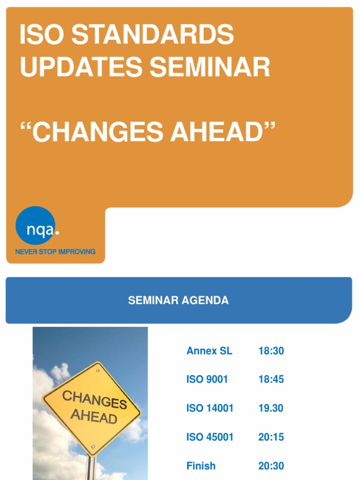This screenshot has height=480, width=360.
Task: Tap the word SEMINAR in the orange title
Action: click(x=210, y=67)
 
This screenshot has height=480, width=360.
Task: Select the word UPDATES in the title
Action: click(x=81, y=67)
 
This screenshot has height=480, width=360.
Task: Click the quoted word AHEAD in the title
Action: click(x=217, y=132)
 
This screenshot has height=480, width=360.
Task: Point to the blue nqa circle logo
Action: click(x=36, y=225)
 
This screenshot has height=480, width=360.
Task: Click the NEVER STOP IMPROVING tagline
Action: click(x=55, y=252)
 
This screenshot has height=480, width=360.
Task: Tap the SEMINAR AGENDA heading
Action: click(x=179, y=300)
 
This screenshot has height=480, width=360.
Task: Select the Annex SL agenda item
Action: click(x=209, y=351)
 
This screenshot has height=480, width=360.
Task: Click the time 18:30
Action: click(x=271, y=351)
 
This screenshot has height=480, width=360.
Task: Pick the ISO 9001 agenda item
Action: click(x=207, y=379)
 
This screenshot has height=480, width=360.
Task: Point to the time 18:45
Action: click(x=271, y=379)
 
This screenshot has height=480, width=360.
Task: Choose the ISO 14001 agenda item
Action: click(x=210, y=408)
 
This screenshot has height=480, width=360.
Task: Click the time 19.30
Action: click(x=270, y=408)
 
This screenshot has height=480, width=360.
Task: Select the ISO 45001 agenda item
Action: click(x=210, y=437)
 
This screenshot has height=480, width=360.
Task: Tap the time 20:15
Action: click(x=271, y=437)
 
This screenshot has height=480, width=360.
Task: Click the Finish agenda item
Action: click(x=201, y=466)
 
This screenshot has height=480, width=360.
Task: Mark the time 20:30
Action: click(x=271, y=466)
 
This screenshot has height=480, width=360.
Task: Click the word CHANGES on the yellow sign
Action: click(x=94, y=399)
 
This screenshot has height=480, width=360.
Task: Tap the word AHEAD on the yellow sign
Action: click(x=94, y=416)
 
